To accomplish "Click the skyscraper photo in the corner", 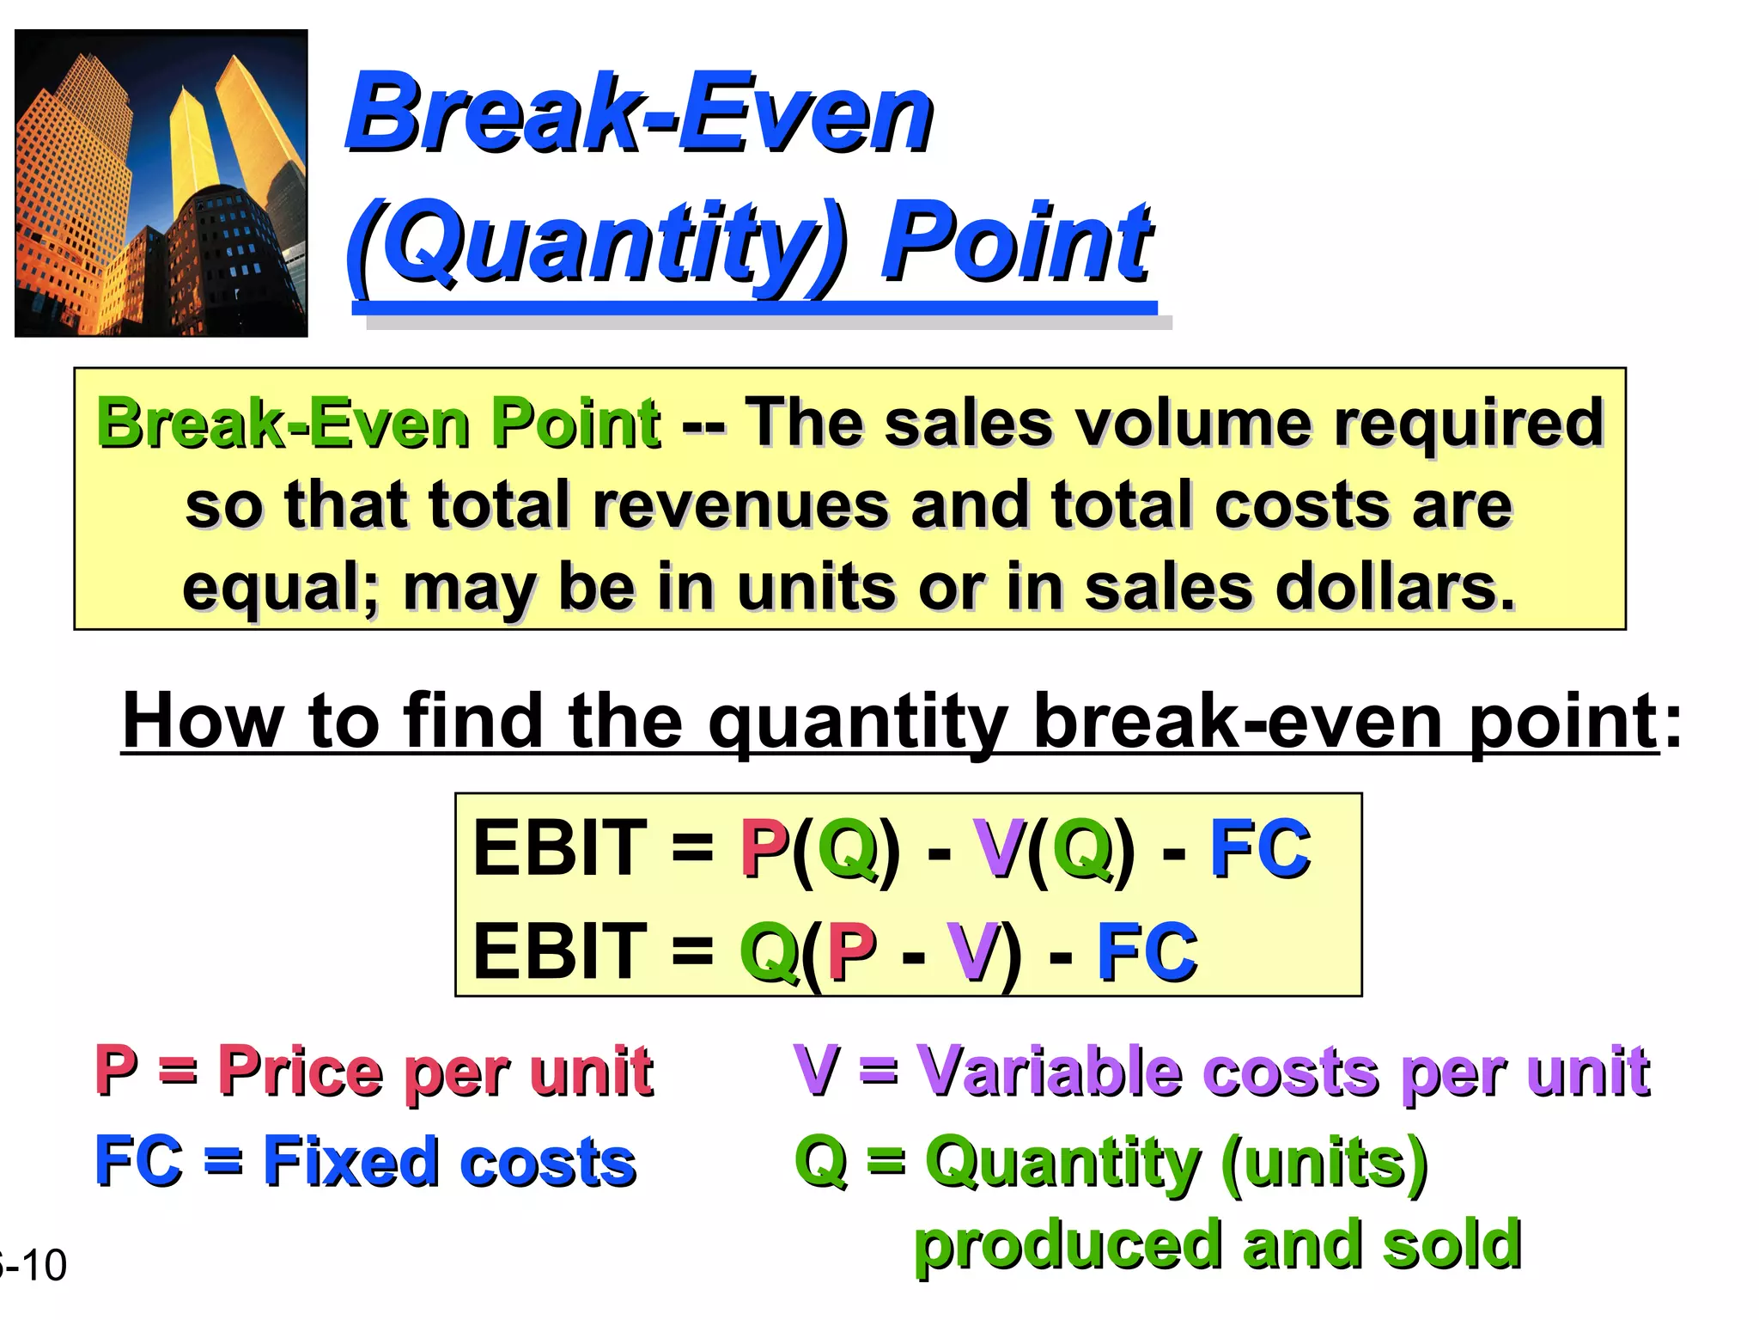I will point(161,183).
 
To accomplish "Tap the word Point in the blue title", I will point(1017,242).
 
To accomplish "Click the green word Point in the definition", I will point(575,424).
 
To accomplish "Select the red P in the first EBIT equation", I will point(764,849).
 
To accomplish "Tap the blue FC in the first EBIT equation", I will point(1259,849).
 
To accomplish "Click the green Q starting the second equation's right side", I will point(768,952).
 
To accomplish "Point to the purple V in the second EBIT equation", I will point(971,952).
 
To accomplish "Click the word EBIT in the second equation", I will point(559,952).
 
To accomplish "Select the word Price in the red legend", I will point(300,1072).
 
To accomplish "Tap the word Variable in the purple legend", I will point(1049,1072).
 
